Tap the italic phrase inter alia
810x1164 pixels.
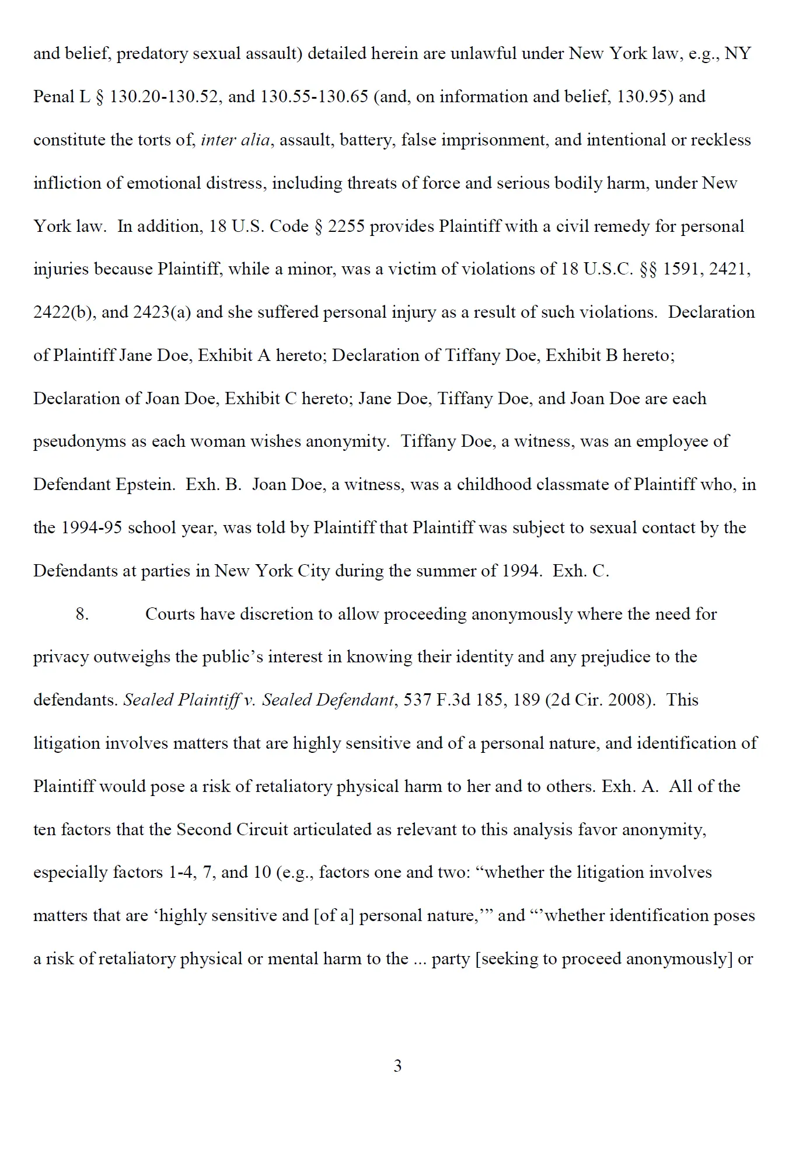[x=235, y=140]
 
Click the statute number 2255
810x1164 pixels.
[x=346, y=226]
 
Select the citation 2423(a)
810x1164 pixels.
[x=162, y=312]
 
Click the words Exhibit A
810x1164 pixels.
[x=234, y=355]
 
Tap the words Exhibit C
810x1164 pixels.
[x=261, y=398]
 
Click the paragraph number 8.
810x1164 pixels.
[x=82, y=614]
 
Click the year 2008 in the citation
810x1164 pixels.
[x=626, y=700]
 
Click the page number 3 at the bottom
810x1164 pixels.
[x=397, y=1066]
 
